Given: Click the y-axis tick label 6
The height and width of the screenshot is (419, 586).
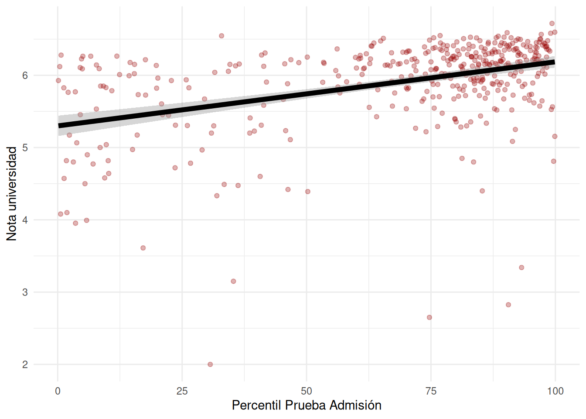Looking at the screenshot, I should point(25,76).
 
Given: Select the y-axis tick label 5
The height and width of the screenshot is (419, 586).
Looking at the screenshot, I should point(25,148).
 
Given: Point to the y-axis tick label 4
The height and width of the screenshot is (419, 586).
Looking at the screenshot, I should point(25,220).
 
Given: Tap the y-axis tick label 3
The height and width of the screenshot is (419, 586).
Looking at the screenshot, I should point(25,292).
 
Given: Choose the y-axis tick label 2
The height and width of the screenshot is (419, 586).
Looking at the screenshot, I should point(25,364).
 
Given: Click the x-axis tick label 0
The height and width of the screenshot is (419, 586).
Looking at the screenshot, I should point(58,391).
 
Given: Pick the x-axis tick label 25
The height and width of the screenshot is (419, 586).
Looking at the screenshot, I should point(182,391).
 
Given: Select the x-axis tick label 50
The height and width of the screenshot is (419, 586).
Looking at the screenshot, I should point(307,391).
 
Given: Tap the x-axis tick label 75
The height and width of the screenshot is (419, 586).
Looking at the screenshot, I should point(431,391).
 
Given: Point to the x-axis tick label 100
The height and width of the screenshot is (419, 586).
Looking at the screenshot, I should point(555,391).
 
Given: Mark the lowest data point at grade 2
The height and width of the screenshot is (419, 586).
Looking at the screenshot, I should point(210,364).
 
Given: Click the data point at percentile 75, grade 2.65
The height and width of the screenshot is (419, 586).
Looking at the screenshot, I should point(429,317).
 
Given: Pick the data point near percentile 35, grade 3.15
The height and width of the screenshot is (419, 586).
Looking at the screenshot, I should point(233,282).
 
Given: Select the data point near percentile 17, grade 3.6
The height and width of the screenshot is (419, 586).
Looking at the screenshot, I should point(143,248).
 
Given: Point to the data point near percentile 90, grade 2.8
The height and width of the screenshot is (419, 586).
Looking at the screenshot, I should point(508,305).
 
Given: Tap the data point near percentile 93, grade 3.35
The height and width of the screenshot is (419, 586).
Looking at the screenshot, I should point(521,268).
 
